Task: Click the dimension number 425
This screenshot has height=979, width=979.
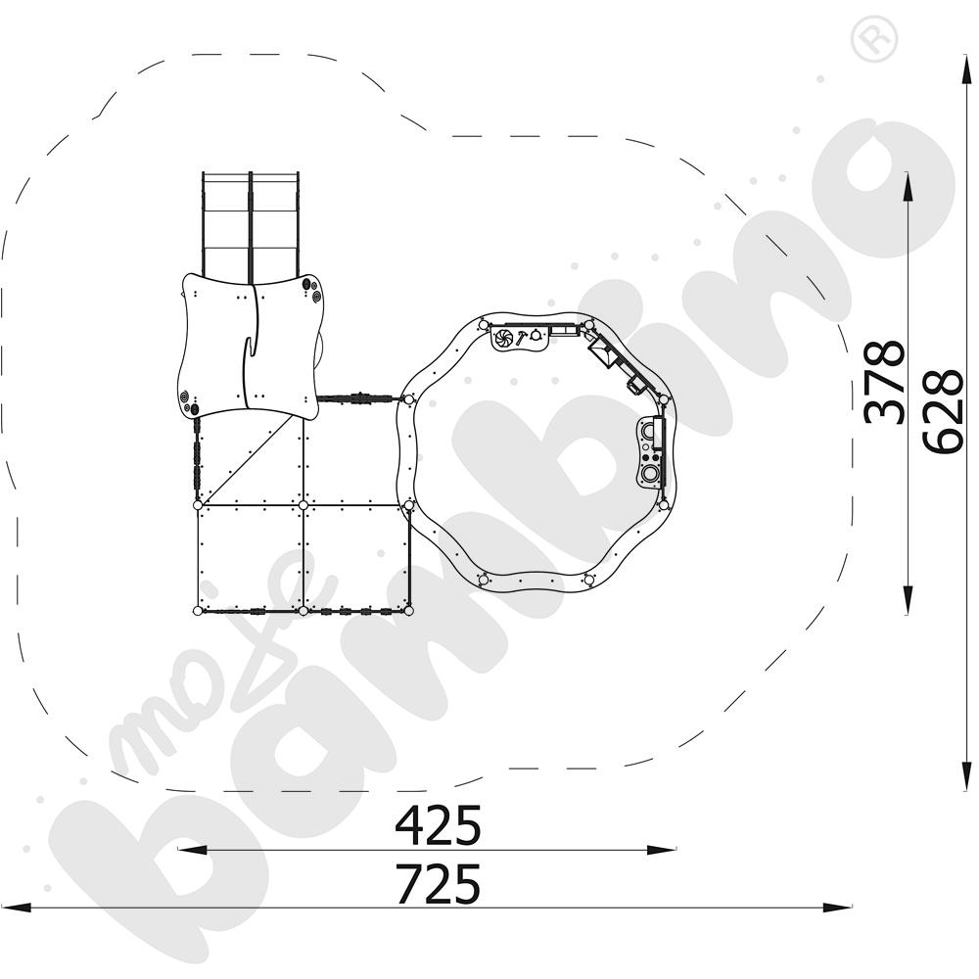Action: (x=439, y=824)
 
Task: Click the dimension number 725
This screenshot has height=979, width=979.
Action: (x=439, y=883)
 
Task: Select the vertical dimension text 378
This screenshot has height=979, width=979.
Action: (x=883, y=382)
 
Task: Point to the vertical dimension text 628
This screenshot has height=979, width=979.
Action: (x=942, y=411)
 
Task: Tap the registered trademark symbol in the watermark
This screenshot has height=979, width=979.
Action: (x=873, y=39)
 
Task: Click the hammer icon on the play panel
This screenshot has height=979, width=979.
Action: (x=520, y=338)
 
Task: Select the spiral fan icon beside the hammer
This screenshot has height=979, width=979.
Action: (x=503, y=338)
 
